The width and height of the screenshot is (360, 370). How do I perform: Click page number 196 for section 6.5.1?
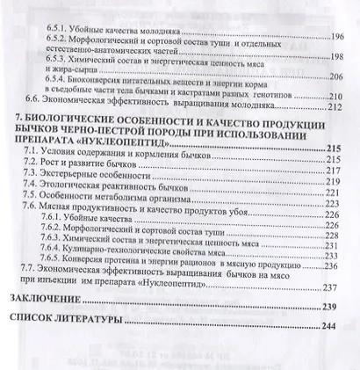[336, 38]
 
